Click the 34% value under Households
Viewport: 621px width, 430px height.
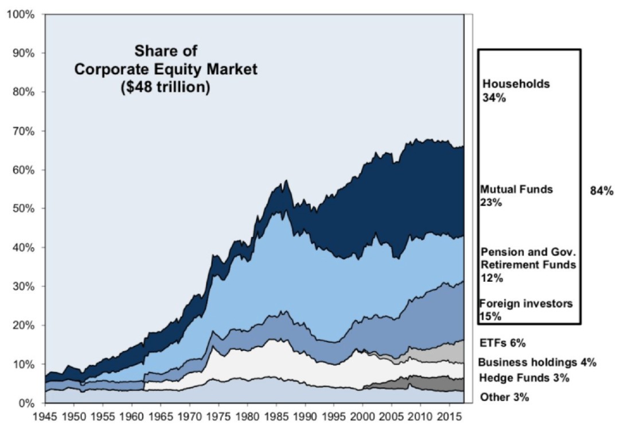494,98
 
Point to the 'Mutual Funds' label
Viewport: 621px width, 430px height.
517,189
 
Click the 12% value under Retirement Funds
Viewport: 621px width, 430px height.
491,278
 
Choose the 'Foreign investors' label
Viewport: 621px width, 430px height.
526,304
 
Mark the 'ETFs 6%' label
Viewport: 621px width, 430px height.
502,343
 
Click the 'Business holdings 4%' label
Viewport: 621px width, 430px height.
537,362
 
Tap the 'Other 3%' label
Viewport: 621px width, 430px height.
504,397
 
